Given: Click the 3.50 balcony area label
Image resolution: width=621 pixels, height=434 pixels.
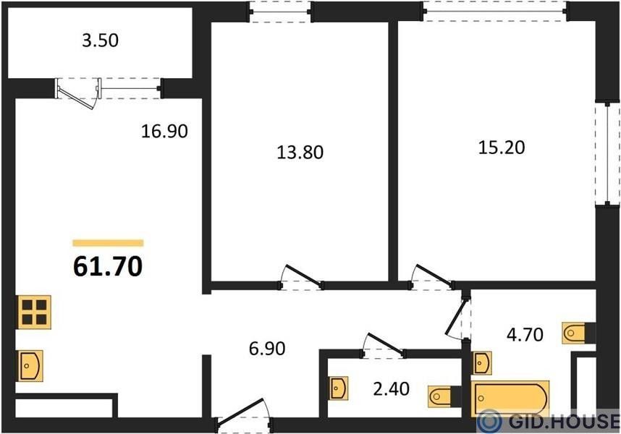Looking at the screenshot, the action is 100,41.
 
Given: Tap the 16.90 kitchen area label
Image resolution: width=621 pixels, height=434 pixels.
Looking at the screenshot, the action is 164,131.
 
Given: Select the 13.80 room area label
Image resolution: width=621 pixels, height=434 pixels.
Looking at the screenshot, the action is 300,152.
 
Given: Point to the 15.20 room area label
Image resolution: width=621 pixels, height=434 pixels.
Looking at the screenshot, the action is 502,147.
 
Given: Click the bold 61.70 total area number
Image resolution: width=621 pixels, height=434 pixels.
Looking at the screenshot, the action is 108,266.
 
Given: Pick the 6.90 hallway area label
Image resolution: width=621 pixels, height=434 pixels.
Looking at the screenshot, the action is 267,349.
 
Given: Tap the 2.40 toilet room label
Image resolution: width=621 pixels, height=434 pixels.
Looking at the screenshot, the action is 392,389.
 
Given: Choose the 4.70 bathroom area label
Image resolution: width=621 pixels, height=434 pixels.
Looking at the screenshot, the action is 525,335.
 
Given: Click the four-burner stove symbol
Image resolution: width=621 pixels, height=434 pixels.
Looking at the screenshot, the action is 34,312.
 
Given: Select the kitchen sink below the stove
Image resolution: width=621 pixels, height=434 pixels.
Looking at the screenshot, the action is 30,366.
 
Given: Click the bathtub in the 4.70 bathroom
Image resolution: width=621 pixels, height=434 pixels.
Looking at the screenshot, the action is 510,399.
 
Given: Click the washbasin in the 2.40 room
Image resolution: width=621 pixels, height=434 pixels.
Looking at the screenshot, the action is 339,388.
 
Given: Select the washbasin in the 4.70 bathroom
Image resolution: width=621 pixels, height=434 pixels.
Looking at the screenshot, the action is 482,363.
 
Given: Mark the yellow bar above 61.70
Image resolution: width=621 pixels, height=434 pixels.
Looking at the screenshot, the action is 108,243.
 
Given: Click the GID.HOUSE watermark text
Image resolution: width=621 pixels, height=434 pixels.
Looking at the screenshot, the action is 565,421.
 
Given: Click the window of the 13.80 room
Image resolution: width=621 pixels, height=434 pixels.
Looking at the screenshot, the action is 281,12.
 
